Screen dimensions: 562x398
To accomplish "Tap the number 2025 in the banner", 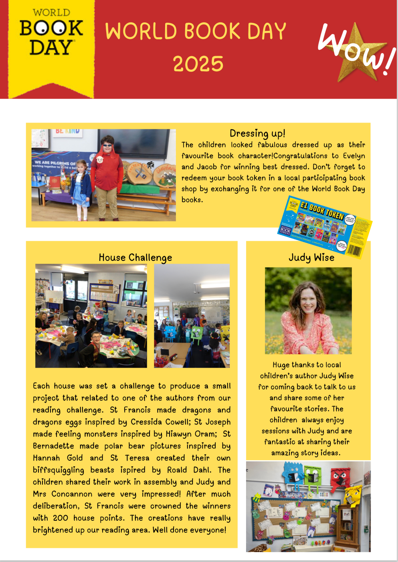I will [x=198, y=64].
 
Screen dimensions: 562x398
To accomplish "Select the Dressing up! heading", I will [x=257, y=133].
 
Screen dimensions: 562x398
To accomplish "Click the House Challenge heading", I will [x=135, y=258].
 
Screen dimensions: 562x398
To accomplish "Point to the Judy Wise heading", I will [x=311, y=258].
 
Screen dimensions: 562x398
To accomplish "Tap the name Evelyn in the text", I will [x=354, y=156].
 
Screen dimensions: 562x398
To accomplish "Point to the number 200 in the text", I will [x=61, y=518].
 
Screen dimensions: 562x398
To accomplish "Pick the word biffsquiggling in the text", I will [x=59, y=470].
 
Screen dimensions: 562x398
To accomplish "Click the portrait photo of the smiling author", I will [x=308, y=310].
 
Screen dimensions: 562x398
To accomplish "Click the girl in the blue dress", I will [x=82, y=188].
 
